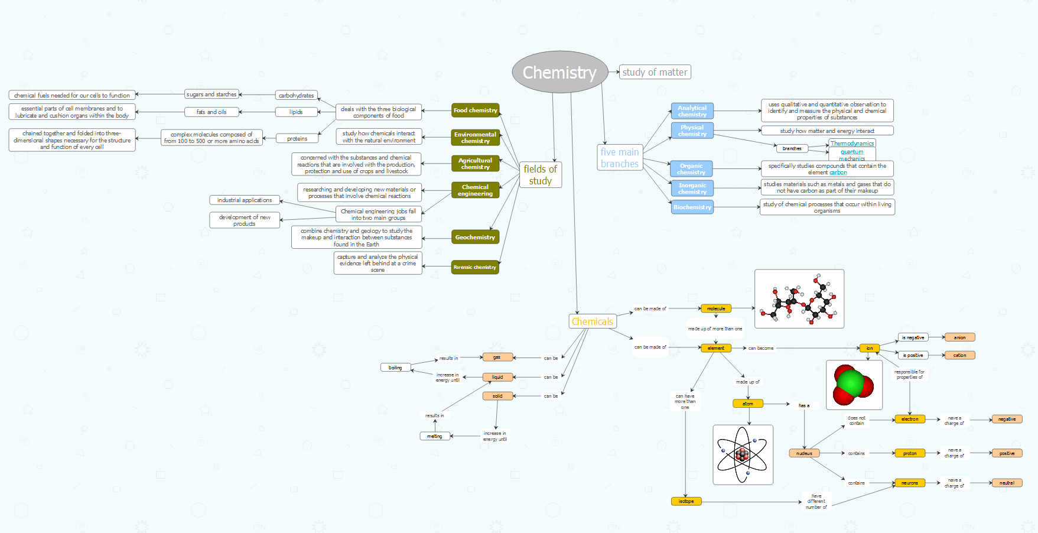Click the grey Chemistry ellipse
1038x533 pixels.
[559, 72]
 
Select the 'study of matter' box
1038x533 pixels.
[655, 72]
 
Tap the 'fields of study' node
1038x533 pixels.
[540, 175]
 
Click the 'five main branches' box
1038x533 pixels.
[620, 158]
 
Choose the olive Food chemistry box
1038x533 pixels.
[475, 110]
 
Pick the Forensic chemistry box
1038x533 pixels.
[475, 267]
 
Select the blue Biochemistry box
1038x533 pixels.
[692, 207]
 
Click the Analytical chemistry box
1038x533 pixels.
[692, 111]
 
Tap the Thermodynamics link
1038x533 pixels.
[851, 144]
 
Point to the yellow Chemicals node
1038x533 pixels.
[592, 321]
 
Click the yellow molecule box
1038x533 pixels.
[715, 308]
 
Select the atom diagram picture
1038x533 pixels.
[743, 454]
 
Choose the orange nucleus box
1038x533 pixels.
[804, 453]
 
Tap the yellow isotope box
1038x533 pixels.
[686, 501]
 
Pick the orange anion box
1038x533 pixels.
[959, 337]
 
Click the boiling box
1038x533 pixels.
[395, 368]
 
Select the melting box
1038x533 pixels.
[435, 436]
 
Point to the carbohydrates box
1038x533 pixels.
[296, 95]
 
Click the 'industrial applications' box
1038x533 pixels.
[245, 200]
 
